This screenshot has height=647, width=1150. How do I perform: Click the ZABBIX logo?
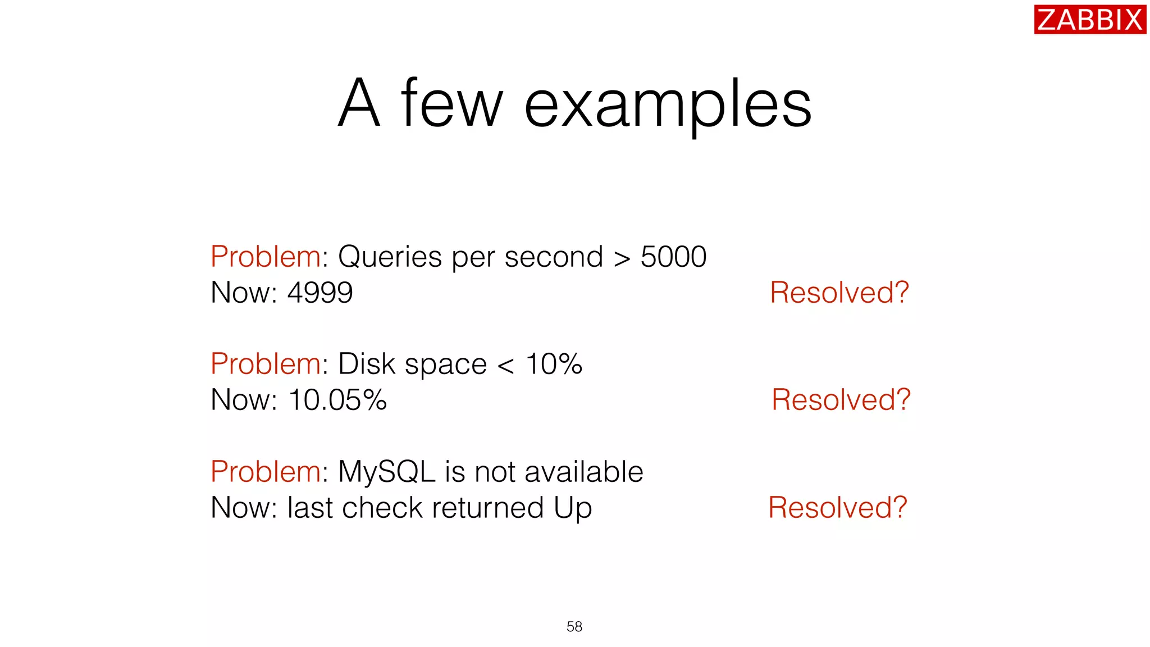[x=1089, y=20]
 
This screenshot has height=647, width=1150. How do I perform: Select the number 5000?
[x=673, y=257]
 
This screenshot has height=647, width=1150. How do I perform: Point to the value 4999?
[x=320, y=293]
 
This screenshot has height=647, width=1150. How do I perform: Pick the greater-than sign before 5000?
[x=622, y=259]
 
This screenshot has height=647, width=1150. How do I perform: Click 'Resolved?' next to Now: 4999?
[x=839, y=293]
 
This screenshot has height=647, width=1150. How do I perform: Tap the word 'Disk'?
[x=367, y=364]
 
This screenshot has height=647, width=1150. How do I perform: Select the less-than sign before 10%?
[x=505, y=366]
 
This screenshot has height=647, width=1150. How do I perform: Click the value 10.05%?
[x=337, y=400]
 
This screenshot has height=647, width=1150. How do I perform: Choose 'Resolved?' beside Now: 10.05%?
[x=841, y=400]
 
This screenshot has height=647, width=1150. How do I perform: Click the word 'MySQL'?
[x=387, y=472]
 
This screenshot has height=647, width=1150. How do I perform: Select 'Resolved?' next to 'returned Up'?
[x=837, y=508]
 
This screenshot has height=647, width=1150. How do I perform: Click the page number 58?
[x=574, y=626]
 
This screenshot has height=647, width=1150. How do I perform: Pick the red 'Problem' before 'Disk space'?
[x=266, y=364]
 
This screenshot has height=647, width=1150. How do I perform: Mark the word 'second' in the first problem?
[x=554, y=257]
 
